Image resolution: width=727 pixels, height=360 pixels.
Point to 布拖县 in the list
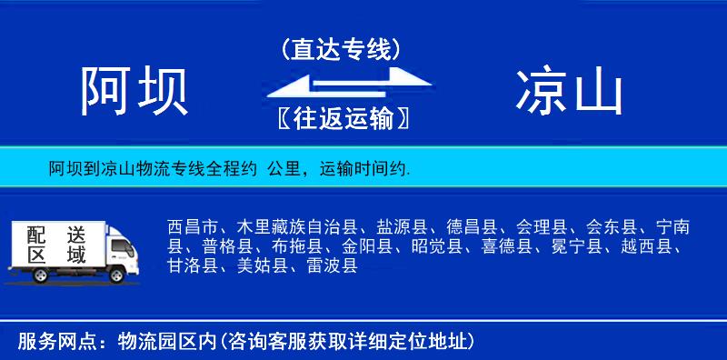coord(299,246)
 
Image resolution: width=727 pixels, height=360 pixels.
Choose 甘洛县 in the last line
coord(193,265)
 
